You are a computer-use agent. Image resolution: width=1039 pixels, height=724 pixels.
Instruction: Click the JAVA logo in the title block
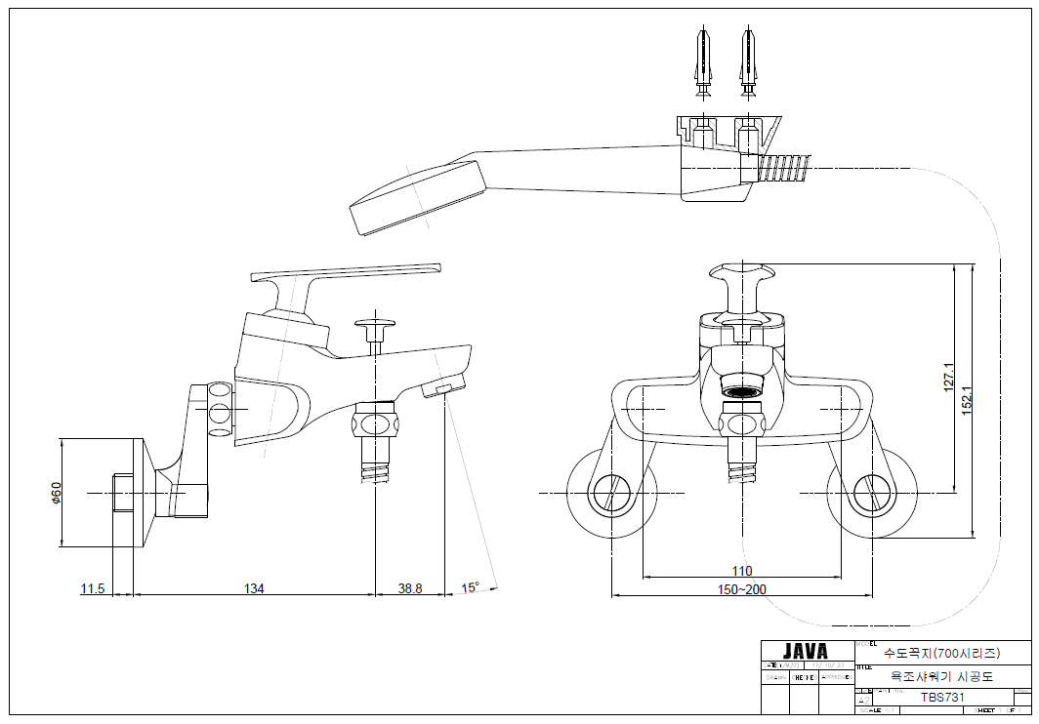806,651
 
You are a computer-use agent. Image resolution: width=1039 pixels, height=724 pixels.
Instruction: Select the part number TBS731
942,697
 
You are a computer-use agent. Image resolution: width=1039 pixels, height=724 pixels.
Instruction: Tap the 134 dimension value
254,587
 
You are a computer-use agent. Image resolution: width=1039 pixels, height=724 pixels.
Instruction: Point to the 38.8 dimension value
410,587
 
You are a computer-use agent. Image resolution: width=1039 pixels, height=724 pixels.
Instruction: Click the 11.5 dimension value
92,587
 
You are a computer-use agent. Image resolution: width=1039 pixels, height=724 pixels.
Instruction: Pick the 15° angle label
471,587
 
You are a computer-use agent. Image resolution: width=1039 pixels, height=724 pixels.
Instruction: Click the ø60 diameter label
57,494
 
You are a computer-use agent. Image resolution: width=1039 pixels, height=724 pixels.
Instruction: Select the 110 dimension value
742,571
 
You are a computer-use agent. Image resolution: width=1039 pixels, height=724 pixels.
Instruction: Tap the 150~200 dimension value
742,588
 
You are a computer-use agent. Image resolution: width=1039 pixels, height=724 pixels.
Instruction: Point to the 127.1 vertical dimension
948,376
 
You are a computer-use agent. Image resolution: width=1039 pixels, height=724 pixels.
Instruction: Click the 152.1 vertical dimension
967,395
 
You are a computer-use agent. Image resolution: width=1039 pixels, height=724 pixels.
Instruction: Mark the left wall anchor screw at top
703,63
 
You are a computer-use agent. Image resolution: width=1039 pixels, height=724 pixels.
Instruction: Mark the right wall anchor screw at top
749,63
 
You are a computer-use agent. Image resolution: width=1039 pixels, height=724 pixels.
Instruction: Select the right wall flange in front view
871,493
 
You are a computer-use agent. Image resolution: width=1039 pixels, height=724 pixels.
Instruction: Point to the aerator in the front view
742,392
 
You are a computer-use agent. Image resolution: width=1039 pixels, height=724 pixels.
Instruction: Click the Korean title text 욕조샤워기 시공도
942,674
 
